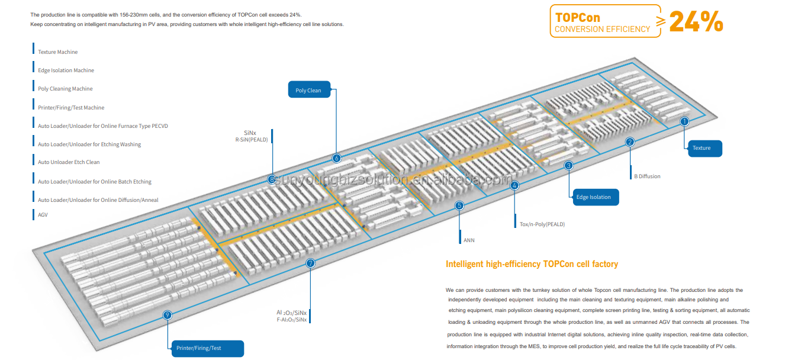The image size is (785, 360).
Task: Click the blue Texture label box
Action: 704,148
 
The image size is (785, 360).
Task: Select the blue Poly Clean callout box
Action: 308,91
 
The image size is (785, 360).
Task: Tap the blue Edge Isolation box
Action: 594,197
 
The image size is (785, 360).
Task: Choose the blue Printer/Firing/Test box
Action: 207,348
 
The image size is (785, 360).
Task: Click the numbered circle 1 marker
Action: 684,121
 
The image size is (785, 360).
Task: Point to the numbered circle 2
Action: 630,142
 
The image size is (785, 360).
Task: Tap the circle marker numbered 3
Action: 568,166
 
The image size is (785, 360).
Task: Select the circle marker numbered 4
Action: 514,185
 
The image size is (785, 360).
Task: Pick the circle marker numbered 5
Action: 459,205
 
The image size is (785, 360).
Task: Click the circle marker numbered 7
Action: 310,263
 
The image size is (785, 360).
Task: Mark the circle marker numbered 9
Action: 168,315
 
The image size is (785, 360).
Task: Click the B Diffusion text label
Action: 647,176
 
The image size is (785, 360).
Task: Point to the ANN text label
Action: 469,240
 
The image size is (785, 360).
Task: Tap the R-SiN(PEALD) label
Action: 252,140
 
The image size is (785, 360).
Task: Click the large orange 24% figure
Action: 696,22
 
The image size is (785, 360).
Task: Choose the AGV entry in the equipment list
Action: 43,215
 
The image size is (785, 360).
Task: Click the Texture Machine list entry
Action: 57,52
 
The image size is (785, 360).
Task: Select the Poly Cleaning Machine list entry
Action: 65,89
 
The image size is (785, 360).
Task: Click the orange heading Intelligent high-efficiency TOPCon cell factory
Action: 532,264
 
